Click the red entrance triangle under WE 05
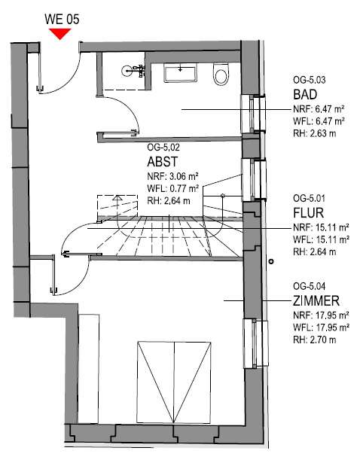tap(60, 33)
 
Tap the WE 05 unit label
tap(62, 20)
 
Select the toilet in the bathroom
tap(221, 74)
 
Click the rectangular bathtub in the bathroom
tap(180, 73)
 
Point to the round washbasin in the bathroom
tap(127, 71)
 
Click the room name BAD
tap(305, 95)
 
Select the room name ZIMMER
tap(316, 301)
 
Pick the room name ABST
tap(163, 162)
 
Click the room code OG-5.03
tap(310, 80)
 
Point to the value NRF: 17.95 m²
tap(321, 315)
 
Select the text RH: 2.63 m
tap(315, 133)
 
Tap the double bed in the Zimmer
tap(174, 382)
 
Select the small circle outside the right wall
tap(271, 261)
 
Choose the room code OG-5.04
tap(310, 286)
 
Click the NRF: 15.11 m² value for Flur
tap(321, 227)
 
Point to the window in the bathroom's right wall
tap(253, 114)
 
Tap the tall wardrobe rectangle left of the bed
tap(88, 368)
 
